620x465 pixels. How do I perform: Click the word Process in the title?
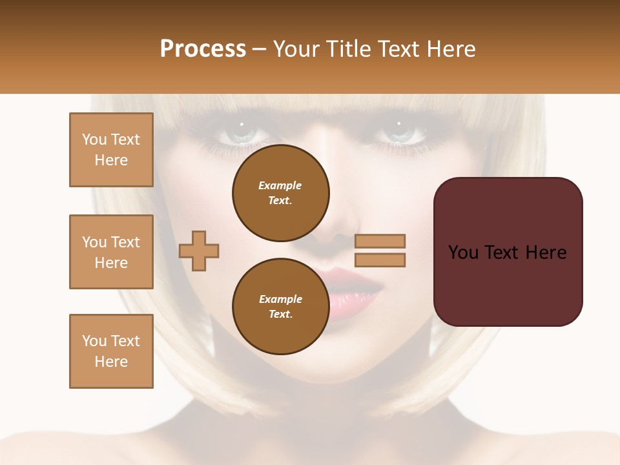(203, 49)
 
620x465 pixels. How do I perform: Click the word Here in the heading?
(449, 49)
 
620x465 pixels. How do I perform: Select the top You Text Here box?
(111, 150)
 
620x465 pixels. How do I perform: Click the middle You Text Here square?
(111, 252)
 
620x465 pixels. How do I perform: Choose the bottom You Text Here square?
(111, 351)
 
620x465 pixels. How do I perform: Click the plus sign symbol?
(199, 251)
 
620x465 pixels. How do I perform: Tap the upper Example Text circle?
(281, 193)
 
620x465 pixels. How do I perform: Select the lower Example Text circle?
(281, 307)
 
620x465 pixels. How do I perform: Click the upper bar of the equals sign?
(380, 241)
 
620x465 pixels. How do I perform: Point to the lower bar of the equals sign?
(380, 260)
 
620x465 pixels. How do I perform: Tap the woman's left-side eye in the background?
(238, 134)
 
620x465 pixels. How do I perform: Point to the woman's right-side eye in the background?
(401, 134)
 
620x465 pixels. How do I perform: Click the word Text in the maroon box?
(508, 253)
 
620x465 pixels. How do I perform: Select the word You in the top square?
(94, 139)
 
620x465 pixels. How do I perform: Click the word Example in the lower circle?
(280, 299)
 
